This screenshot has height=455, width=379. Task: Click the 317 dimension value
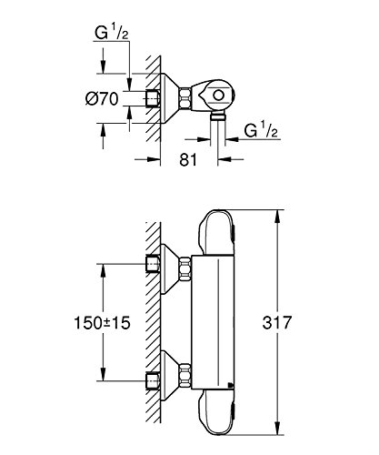pyautogui.click(x=276, y=322)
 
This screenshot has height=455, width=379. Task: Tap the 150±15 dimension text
pyautogui.click(x=102, y=323)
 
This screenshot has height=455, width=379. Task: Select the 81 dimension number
pyautogui.click(x=188, y=159)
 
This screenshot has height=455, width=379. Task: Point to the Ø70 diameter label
pyautogui.click(x=102, y=98)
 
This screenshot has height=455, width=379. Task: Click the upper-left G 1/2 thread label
pyautogui.click(x=112, y=33)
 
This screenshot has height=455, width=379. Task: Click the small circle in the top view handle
pyautogui.click(x=218, y=96)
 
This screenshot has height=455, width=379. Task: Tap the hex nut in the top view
pyautogui.click(x=185, y=98)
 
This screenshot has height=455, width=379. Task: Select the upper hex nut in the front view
pyautogui.click(x=185, y=268)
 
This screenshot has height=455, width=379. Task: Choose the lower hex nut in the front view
pyautogui.click(x=185, y=377)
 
